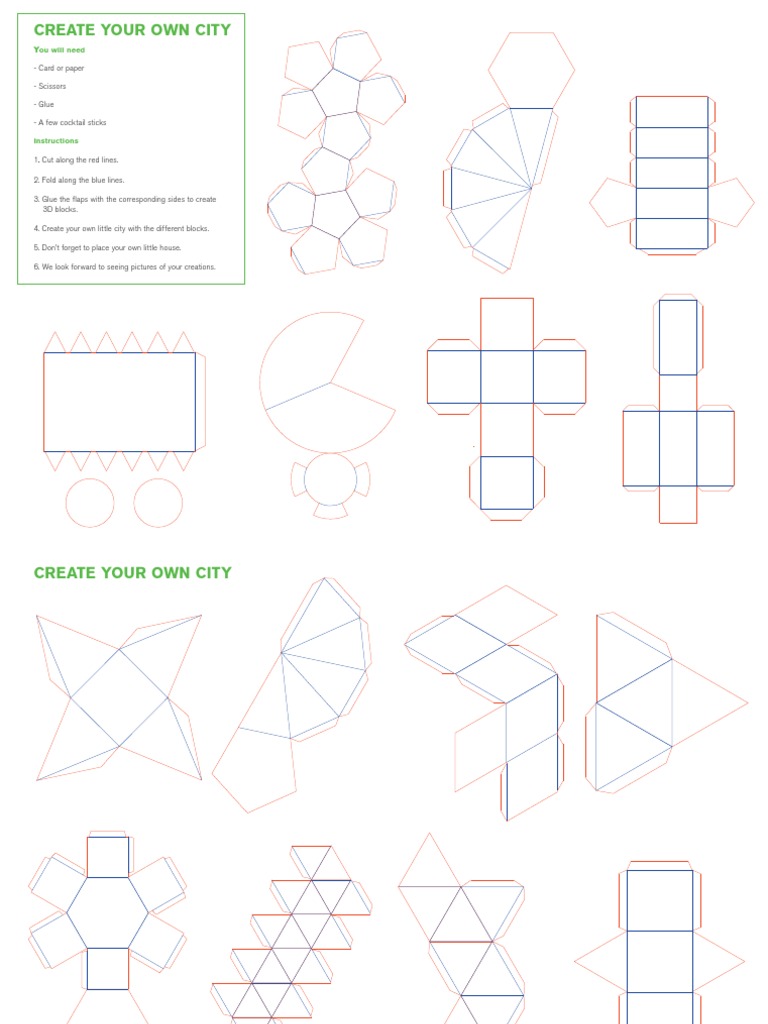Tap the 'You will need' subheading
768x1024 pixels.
(55, 49)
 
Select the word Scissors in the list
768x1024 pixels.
(52, 86)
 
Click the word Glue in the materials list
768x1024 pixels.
(45, 104)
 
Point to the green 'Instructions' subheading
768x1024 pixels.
(56, 141)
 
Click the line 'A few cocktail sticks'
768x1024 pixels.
(71, 122)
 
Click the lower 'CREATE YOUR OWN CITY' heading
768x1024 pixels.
(132, 573)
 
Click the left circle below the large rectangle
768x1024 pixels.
(90, 502)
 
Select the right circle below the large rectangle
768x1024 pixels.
(158, 502)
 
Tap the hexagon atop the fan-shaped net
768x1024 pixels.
(531, 70)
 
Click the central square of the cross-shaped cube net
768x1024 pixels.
(506, 377)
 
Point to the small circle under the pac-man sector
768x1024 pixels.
(330, 479)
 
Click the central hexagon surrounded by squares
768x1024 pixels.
(107, 912)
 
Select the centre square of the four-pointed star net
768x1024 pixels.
(120, 697)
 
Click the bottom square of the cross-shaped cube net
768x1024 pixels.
(506, 483)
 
